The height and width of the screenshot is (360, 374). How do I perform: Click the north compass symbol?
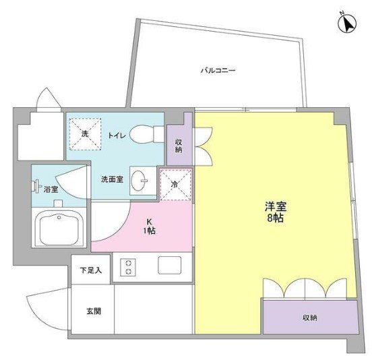pos(348,24)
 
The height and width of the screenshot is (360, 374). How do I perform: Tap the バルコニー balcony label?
pos(217,70)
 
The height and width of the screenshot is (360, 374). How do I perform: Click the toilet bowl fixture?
pos(143,134)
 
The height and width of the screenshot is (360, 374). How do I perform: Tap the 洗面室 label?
pos(111,180)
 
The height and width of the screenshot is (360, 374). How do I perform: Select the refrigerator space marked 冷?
pos(176,184)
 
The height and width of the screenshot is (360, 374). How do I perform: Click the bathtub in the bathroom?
pos(62,229)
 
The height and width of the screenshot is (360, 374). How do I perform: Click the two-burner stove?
pos(127,266)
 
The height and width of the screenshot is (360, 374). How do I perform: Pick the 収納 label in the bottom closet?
pos(309,318)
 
